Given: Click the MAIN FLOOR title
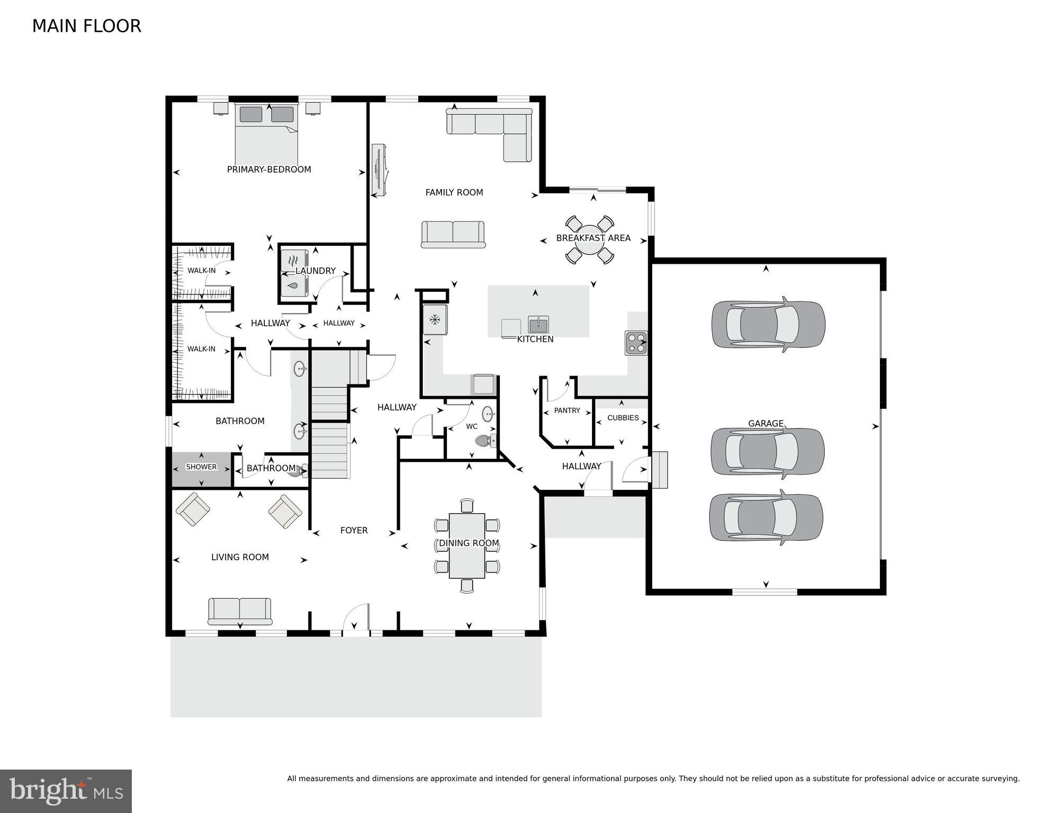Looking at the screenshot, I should pyautogui.click(x=86, y=26).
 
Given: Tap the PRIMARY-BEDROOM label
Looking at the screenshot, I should pyautogui.click(x=269, y=169).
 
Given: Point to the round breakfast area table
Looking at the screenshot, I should pyautogui.click(x=590, y=240).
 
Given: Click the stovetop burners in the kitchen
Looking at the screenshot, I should pyautogui.click(x=635, y=343).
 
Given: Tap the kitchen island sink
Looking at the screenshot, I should pyautogui.click(x=538, y=324).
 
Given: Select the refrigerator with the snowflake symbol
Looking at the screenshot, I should pyautogui.click(x=435, y=319).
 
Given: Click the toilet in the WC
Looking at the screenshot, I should pyautogui.click(x=484, y=440).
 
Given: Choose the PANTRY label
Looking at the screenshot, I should pyautogui.click(x=567, y=410).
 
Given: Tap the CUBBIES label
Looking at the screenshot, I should pyautogui.click(x=623, y=418).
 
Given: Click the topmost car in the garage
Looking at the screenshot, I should pyautogui.click(x=768, y=324).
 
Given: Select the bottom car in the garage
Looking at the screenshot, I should pyautogui.click(x=766, y=517).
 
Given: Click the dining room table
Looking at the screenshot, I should pyautogui.click(x=466, y=546).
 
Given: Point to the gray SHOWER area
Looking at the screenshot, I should pyautogui.click(x=201, y=469).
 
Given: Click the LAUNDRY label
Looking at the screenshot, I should pyautogui.click(x=316, y=271).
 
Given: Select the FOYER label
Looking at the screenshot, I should pyautogui.click(x=354, y=530).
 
